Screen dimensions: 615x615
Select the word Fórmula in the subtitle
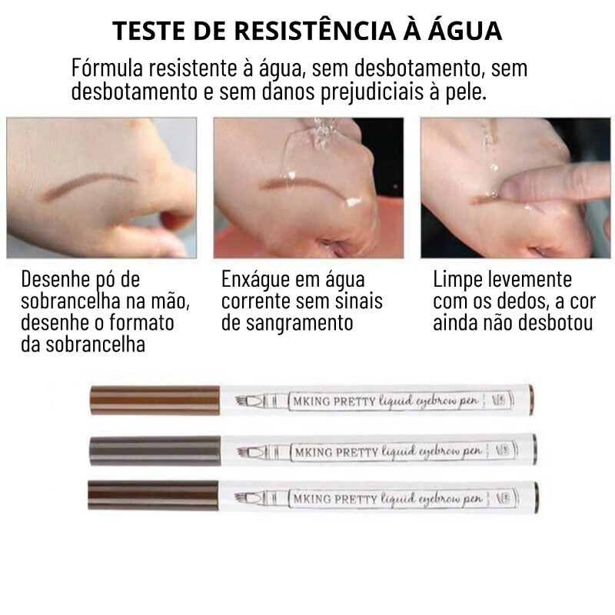click(x=107, y=68)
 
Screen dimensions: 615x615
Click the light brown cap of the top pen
click(x=155, y=400)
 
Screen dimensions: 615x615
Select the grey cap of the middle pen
click(x=155, y=450)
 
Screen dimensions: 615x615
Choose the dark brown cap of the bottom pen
click(x=153, y=495)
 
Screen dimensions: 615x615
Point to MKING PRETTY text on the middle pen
click(x=336, y=452)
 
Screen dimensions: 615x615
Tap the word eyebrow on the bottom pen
click(x=438, y=499)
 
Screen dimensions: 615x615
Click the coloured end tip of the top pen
click(x=531, y=399)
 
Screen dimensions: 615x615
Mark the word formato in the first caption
click(x=141, y=322)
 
